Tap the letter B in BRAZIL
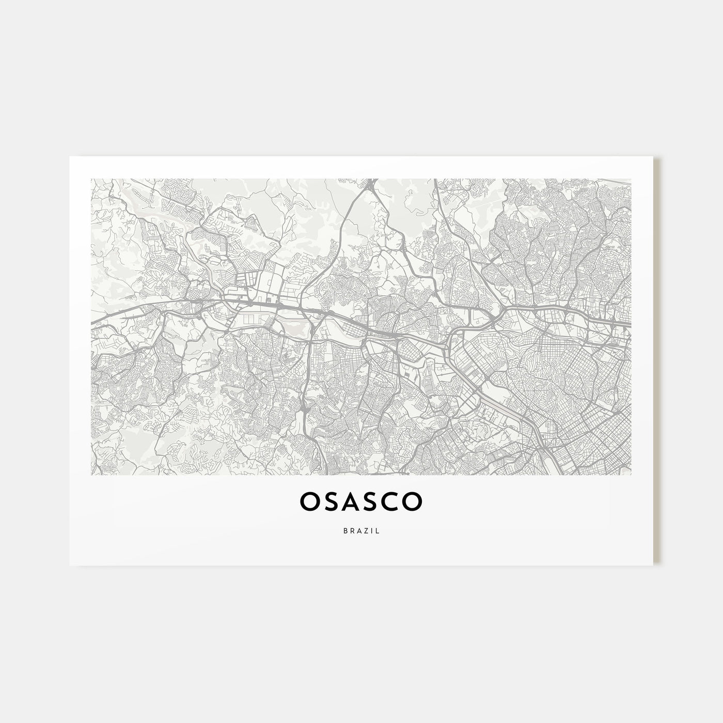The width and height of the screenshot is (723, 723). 344,530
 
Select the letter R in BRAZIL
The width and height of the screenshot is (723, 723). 351,530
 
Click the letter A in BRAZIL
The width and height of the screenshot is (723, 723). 358,530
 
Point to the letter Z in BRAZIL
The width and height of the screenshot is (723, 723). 366,530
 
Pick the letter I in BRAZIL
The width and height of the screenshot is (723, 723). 372,530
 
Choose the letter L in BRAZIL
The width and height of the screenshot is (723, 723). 378,530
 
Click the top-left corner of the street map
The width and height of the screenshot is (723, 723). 91,179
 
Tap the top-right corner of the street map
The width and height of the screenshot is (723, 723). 631,179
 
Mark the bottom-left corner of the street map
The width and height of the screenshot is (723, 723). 91,475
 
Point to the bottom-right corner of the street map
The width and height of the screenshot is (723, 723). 631,475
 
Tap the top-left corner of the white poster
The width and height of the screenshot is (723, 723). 70,156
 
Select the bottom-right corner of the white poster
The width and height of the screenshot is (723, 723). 653,565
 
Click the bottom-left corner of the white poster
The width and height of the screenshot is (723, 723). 70,565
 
